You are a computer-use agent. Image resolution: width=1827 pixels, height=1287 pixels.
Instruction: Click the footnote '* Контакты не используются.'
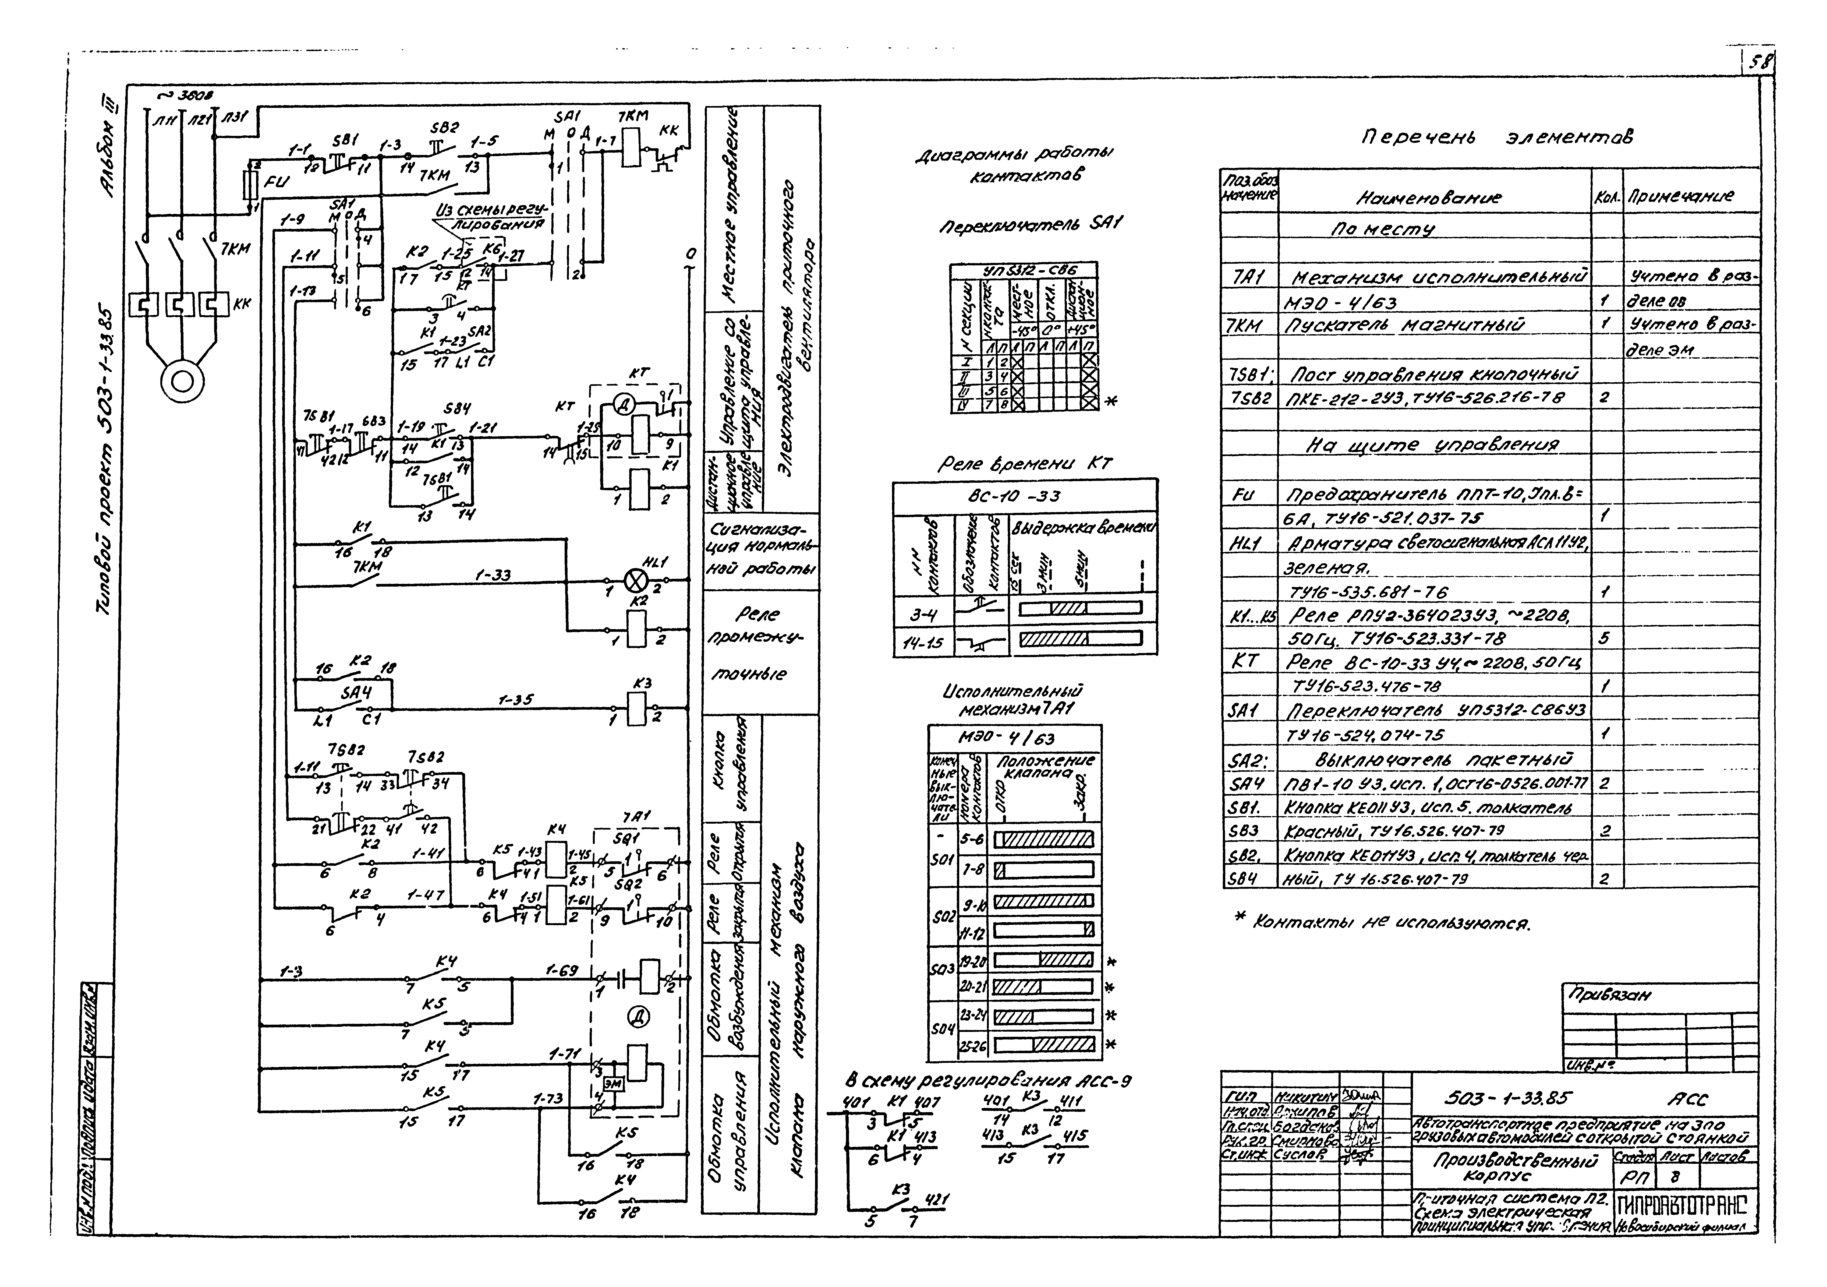(x=1380, y=923)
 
